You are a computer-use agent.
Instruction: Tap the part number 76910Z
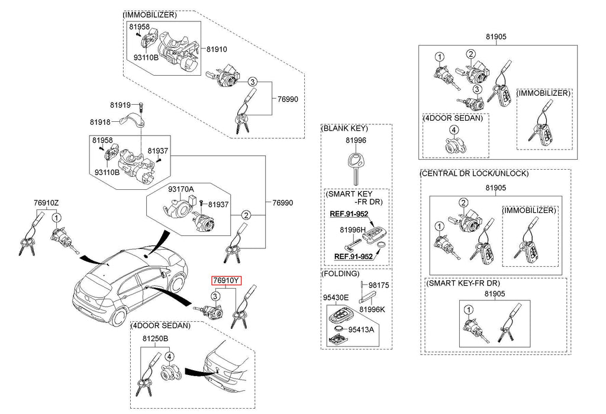[x=46, y=203]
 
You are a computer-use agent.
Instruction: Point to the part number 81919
[x=120, y=105]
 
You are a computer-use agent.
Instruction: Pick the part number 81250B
[x=156, y=338]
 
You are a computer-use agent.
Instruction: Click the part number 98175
[x=379, y=284]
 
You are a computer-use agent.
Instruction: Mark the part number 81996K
[x=374, y=309]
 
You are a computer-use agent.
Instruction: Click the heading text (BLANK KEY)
[x=344, y=128]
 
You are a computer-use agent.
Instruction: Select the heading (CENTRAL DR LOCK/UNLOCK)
[x=473, y=174]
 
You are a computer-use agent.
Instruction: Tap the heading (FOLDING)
[x=340, y=274]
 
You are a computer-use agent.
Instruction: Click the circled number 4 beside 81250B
[x=169, y=356]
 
